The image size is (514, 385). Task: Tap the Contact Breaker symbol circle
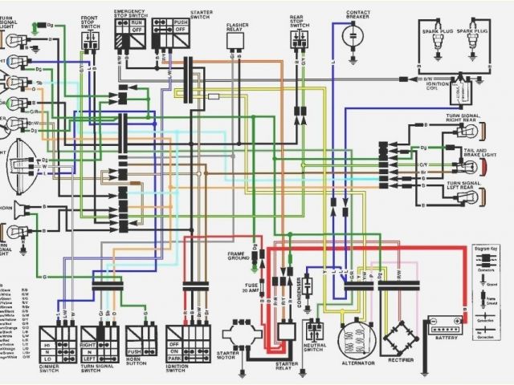tap(353, 37)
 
